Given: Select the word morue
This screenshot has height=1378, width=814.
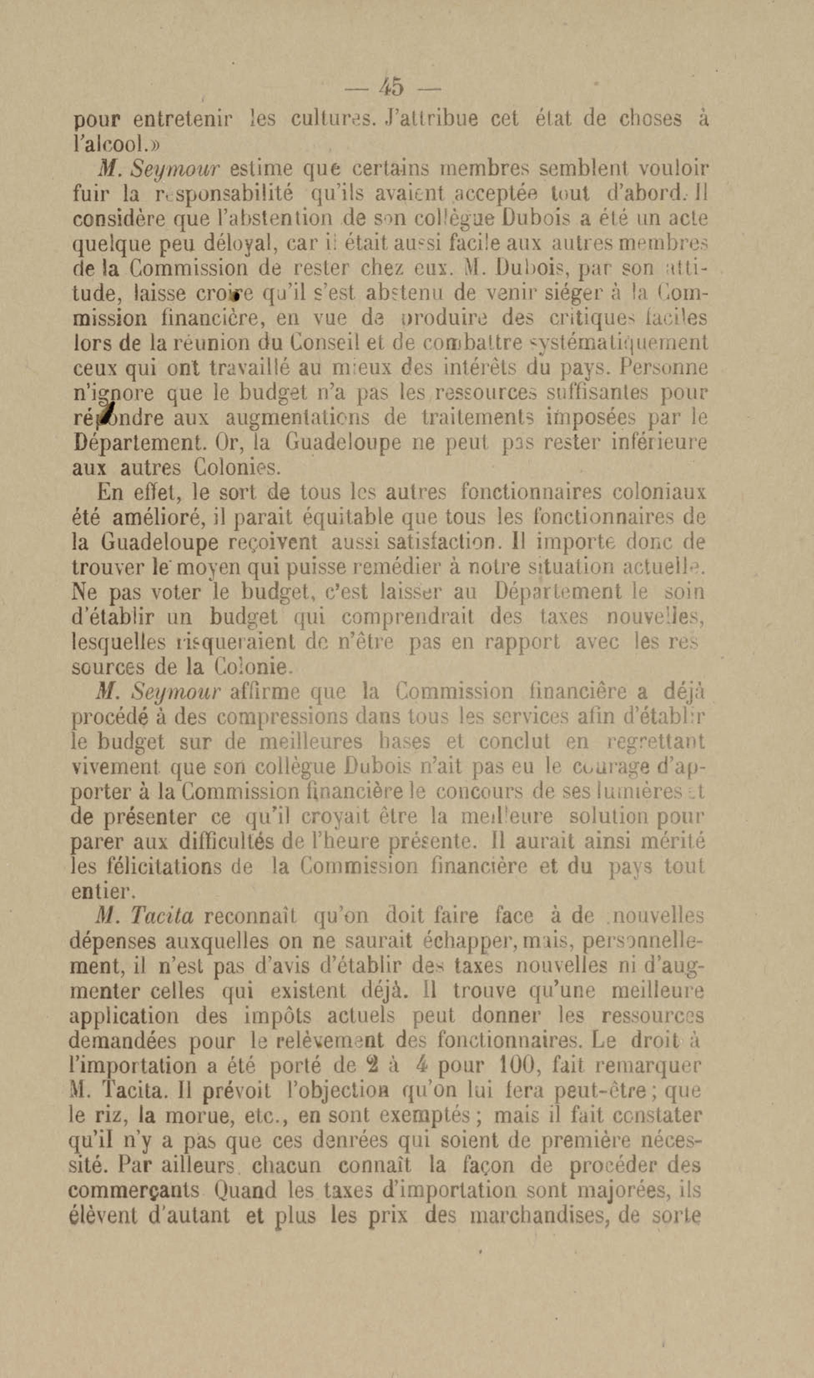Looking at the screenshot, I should point(185,1115).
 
